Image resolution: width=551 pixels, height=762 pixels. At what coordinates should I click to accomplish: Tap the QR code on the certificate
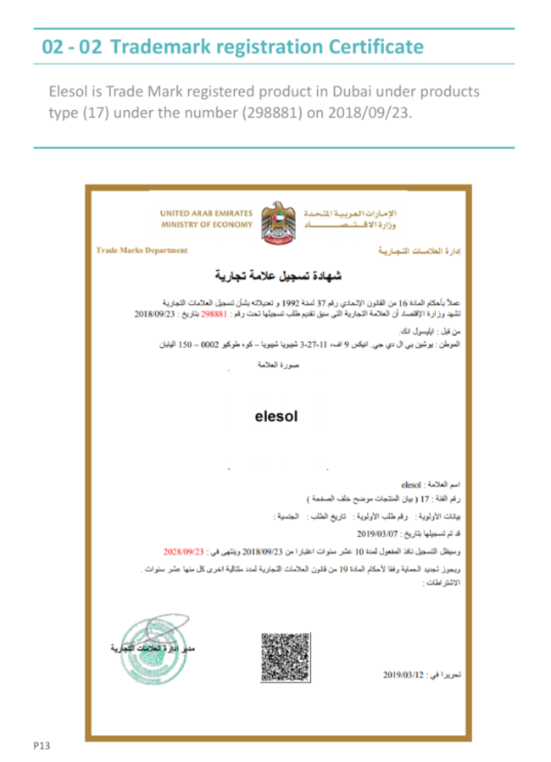[x=285, y=656]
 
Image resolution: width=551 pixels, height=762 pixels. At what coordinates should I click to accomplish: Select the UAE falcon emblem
[x=278, y=223]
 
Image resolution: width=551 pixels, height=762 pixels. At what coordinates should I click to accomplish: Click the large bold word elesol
[x=276, y=416]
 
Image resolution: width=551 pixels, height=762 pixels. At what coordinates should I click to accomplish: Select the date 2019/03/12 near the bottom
[x=409, y=675]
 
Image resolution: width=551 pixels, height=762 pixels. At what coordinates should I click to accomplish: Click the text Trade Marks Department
[x=142, y=251]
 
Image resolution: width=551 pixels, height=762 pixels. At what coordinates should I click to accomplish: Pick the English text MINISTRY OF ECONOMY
[x=206, y=224]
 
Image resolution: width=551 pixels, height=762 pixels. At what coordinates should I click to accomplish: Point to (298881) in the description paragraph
[x=264, y=113]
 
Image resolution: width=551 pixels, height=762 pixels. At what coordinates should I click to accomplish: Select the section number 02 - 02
[x=72, y=47]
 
